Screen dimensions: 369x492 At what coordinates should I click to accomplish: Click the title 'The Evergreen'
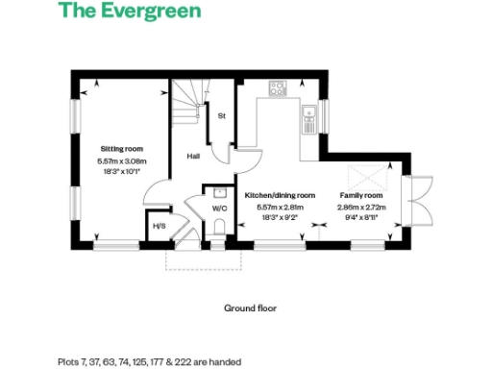pos(130,12)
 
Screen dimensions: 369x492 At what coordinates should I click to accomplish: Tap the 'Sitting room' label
pos(122,149)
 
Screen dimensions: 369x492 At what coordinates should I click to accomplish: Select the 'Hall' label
pos(192,155)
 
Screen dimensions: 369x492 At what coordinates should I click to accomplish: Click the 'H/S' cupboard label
pos(160,227)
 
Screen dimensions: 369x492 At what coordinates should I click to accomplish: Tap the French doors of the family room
pos(415,203)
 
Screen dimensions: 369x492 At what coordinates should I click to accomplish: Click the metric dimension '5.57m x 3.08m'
pos(122,161)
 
